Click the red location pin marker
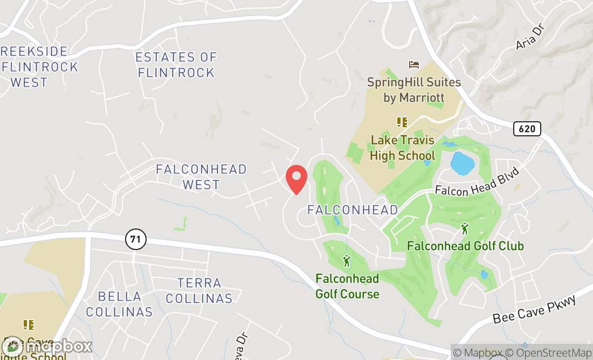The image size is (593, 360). tap(296, 179)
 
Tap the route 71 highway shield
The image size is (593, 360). tap(137, 239)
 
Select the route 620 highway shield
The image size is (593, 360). tap(527, 129)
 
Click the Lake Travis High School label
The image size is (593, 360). tap(402, 148)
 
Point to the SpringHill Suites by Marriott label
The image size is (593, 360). tap(414, 90)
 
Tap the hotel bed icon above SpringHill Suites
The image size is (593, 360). tap(414, 65)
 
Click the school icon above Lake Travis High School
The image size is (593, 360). tap(402, 122)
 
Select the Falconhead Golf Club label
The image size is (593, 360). tap(465, 246)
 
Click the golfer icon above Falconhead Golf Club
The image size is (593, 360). tap(465, 229)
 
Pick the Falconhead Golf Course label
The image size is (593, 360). tap(347, 286)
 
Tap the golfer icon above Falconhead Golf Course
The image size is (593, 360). tap(347, 261)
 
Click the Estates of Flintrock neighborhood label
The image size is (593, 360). tap(176, 65)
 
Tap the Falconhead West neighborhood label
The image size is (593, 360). tap(201, 177)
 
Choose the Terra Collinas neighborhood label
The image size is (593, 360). tap(199, 290)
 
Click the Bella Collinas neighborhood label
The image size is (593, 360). tap(119, 304)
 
